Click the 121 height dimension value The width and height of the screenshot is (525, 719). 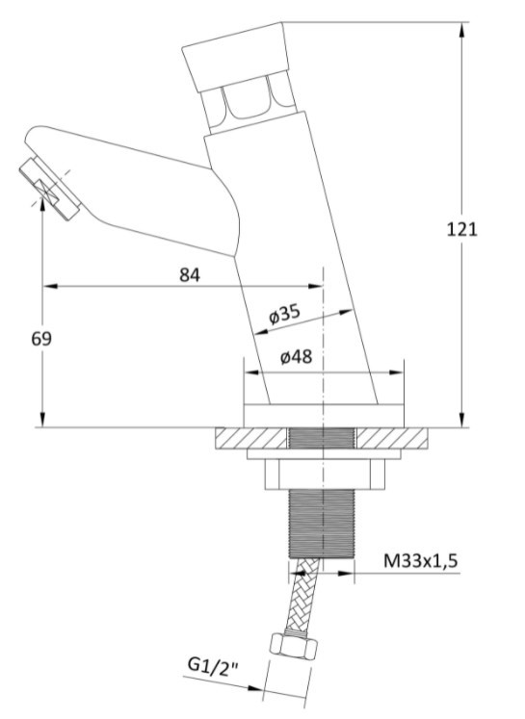(462, 229)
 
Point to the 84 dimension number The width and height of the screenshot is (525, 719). (190, 275)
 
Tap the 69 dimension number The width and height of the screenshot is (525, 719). (41, 339)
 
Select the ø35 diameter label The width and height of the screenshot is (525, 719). (284, 314)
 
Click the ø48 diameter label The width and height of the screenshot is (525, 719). (296, 357)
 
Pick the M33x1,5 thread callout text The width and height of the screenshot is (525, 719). (420, 560)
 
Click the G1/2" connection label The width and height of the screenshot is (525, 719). (213, 665)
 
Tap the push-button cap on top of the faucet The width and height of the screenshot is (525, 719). (236, 57)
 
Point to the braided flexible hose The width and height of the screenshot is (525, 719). (301, 595)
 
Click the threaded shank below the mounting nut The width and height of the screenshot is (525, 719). (322, 524)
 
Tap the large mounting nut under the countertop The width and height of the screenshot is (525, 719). (324, 475)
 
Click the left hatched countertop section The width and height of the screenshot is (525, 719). (251, 438)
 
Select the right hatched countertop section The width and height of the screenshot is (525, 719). (392, 438)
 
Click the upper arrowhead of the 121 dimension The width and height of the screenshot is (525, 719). (461, 29)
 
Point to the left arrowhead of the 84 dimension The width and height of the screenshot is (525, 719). (50, 286)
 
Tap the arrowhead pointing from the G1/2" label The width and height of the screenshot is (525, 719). (256, 688)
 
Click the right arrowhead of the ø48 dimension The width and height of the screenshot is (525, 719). (397, 372)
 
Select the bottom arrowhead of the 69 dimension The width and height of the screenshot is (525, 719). (42, 420)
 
